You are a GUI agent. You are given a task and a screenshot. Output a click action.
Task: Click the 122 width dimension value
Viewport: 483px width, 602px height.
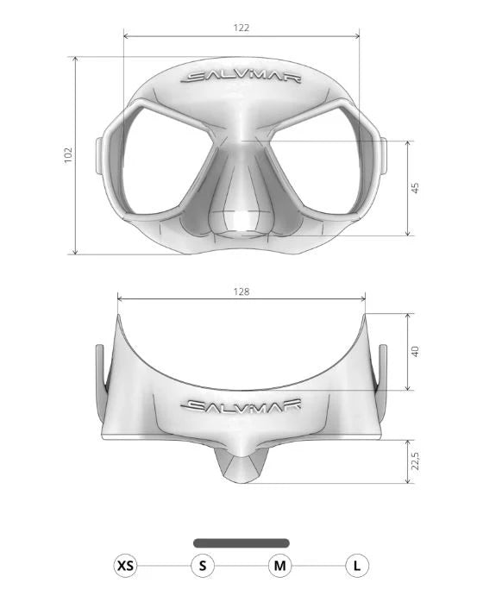(x=241, y=28)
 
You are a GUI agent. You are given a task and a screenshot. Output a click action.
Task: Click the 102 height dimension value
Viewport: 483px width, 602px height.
(x=68, y=155)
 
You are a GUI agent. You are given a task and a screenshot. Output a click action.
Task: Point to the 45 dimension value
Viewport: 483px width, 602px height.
(x=415, y=188)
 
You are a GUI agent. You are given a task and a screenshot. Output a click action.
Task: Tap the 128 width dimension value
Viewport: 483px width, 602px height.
(x=241, y=292)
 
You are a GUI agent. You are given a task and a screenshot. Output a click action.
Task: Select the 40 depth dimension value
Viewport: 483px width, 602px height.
(x=415, y=351)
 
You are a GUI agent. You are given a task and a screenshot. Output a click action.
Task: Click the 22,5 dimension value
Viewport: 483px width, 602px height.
(x=415, y=461)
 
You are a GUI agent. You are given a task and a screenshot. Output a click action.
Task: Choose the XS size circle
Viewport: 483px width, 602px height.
(x=126, y=566)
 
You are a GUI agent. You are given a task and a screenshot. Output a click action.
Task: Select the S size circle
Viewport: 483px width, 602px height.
(x=203, y=566)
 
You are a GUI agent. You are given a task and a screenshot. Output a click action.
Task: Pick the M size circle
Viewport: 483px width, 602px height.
(x=280, y=566)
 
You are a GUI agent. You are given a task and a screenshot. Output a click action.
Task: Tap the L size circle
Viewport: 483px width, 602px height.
(x=357, y=566)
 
